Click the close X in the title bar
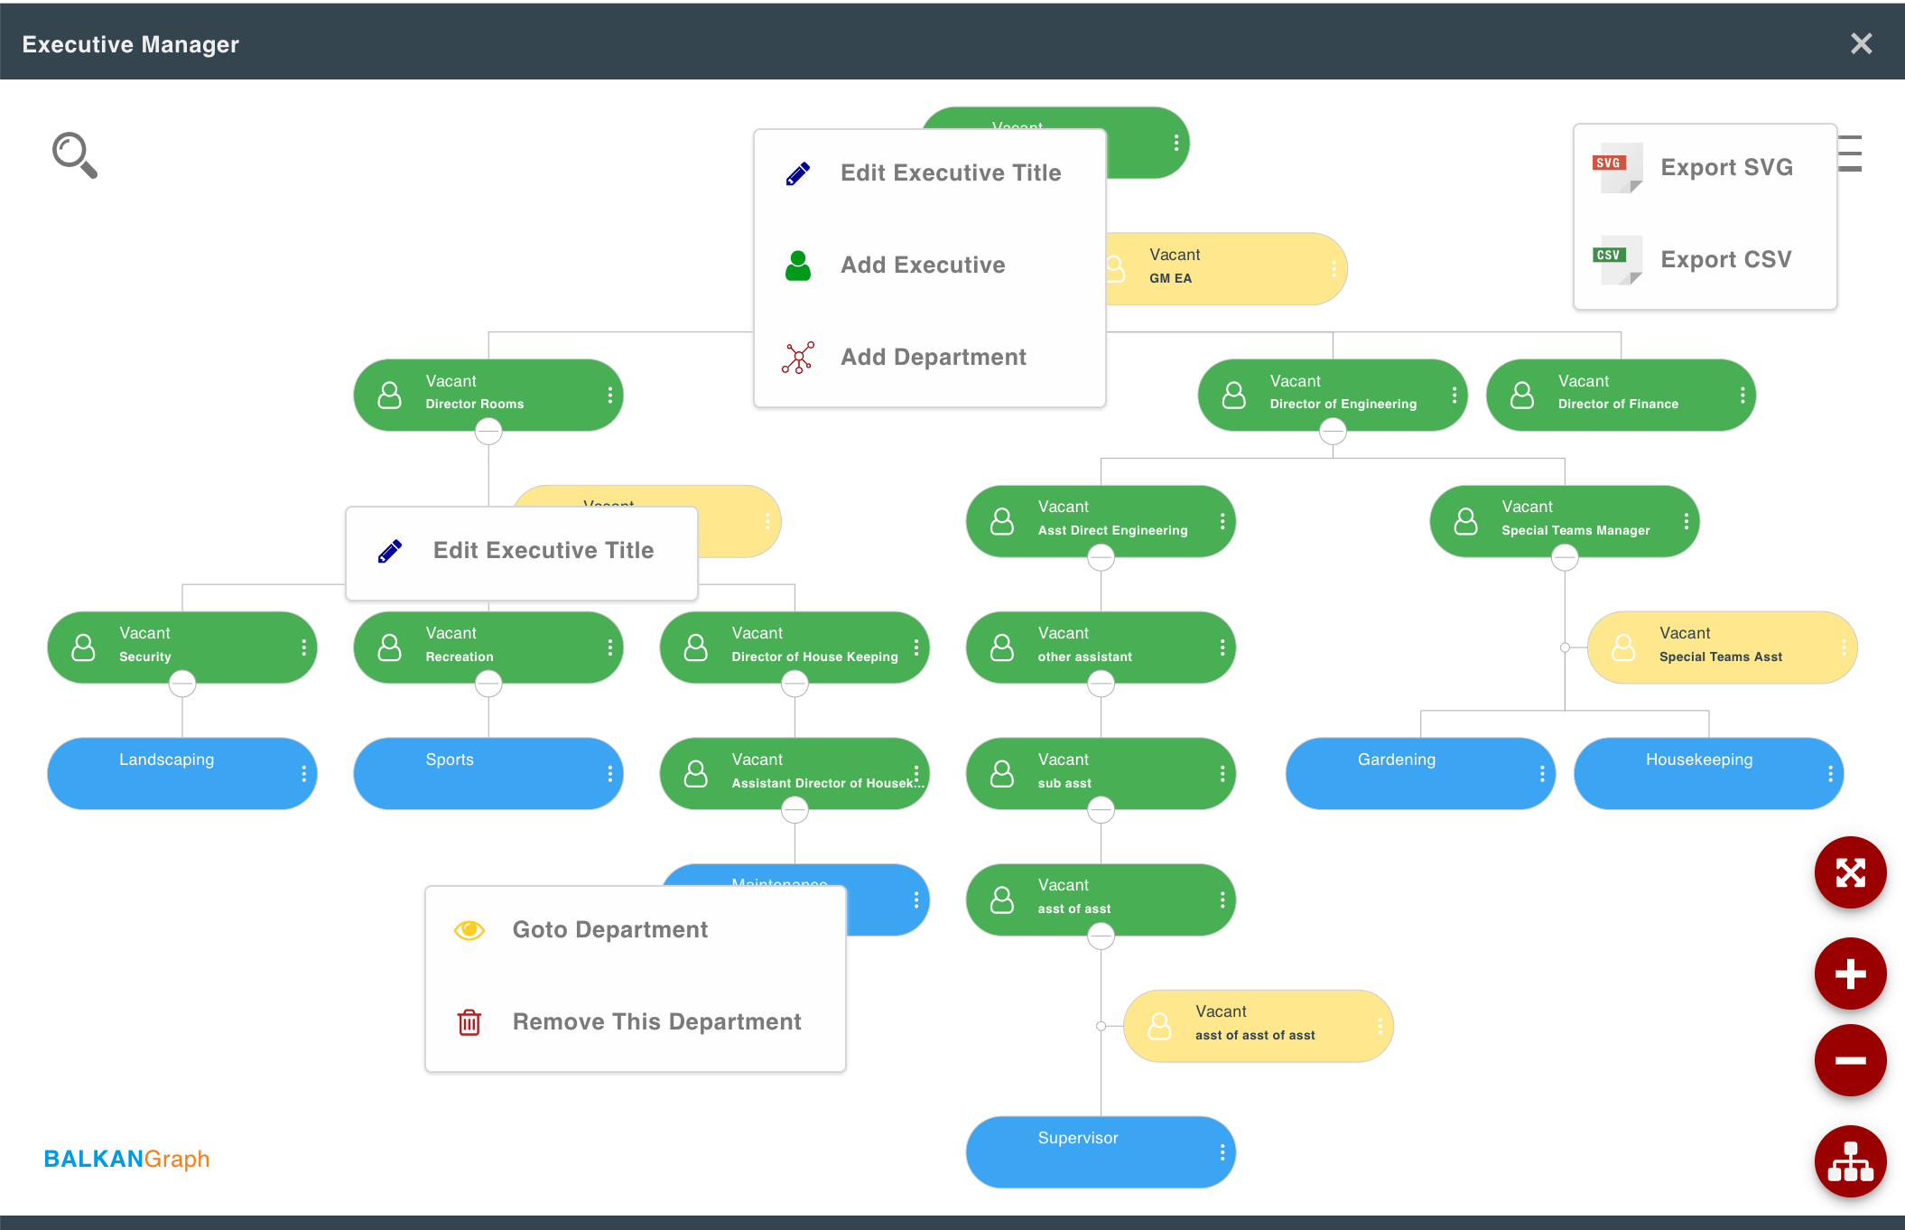(1861, 43)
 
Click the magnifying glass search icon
(74, 155)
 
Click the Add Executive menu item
(923, 265)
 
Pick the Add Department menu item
(933, 357)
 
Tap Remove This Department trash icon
(469, 1022)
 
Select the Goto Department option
(609, 929)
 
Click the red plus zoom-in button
(1850, 974)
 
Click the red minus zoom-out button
(1850, 1060)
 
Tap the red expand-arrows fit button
(1850, 872)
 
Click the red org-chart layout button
(1850, 1161)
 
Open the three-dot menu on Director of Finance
(1742, 395)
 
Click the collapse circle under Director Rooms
(488, 433)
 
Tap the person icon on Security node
(83, 648)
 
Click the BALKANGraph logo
(126, 1159)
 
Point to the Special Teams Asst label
(1720, 657)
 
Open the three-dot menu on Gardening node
(1541, 773)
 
